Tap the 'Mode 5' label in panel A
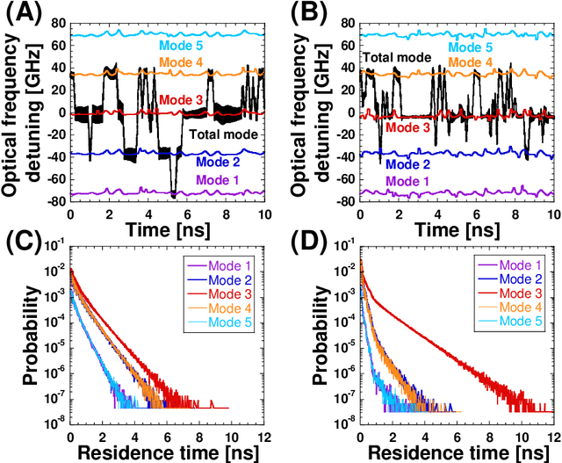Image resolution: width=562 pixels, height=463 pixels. pyautogui.click(x=182, y=46)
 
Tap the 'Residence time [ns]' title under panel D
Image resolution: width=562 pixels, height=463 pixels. pyautogui.click(x=457, y=452)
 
